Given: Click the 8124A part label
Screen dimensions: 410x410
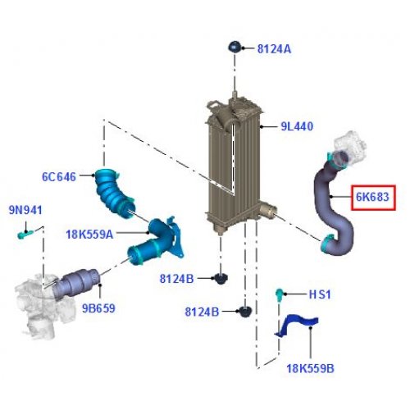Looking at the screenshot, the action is [x=274, y=49].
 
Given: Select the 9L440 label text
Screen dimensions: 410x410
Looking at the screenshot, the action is [x=297, y=126].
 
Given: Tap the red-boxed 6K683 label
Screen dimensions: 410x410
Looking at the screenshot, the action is [x=372, y=197].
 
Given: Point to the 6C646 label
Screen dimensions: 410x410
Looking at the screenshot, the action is [x=59, y=177].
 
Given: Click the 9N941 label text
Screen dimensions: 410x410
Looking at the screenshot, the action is [x=25, y=210].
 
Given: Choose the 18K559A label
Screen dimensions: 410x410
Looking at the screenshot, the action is [x=89, y=235].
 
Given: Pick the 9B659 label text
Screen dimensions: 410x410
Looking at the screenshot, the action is [x=98, y=308].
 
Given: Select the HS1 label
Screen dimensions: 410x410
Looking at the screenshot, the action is [x=320, y=294].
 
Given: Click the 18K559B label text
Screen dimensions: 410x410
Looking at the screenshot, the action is [x=310, y=368].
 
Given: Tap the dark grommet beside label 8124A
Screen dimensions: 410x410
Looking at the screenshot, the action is [x=235, y=48].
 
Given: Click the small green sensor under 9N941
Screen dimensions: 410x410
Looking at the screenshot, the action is [x=25, y=235].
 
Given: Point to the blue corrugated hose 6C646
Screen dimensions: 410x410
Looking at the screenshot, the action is [x=113, y=194].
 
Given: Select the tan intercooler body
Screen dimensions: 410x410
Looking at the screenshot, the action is [x=234, y=166].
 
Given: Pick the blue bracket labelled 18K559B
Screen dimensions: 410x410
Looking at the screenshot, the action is [x=297, y=326].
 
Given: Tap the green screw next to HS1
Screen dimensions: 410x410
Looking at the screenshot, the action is [x=279, y=295].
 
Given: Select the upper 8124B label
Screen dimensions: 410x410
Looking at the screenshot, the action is [x=176, y=279].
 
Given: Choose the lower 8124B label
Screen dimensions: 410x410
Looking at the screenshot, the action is [x=202, y=312].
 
